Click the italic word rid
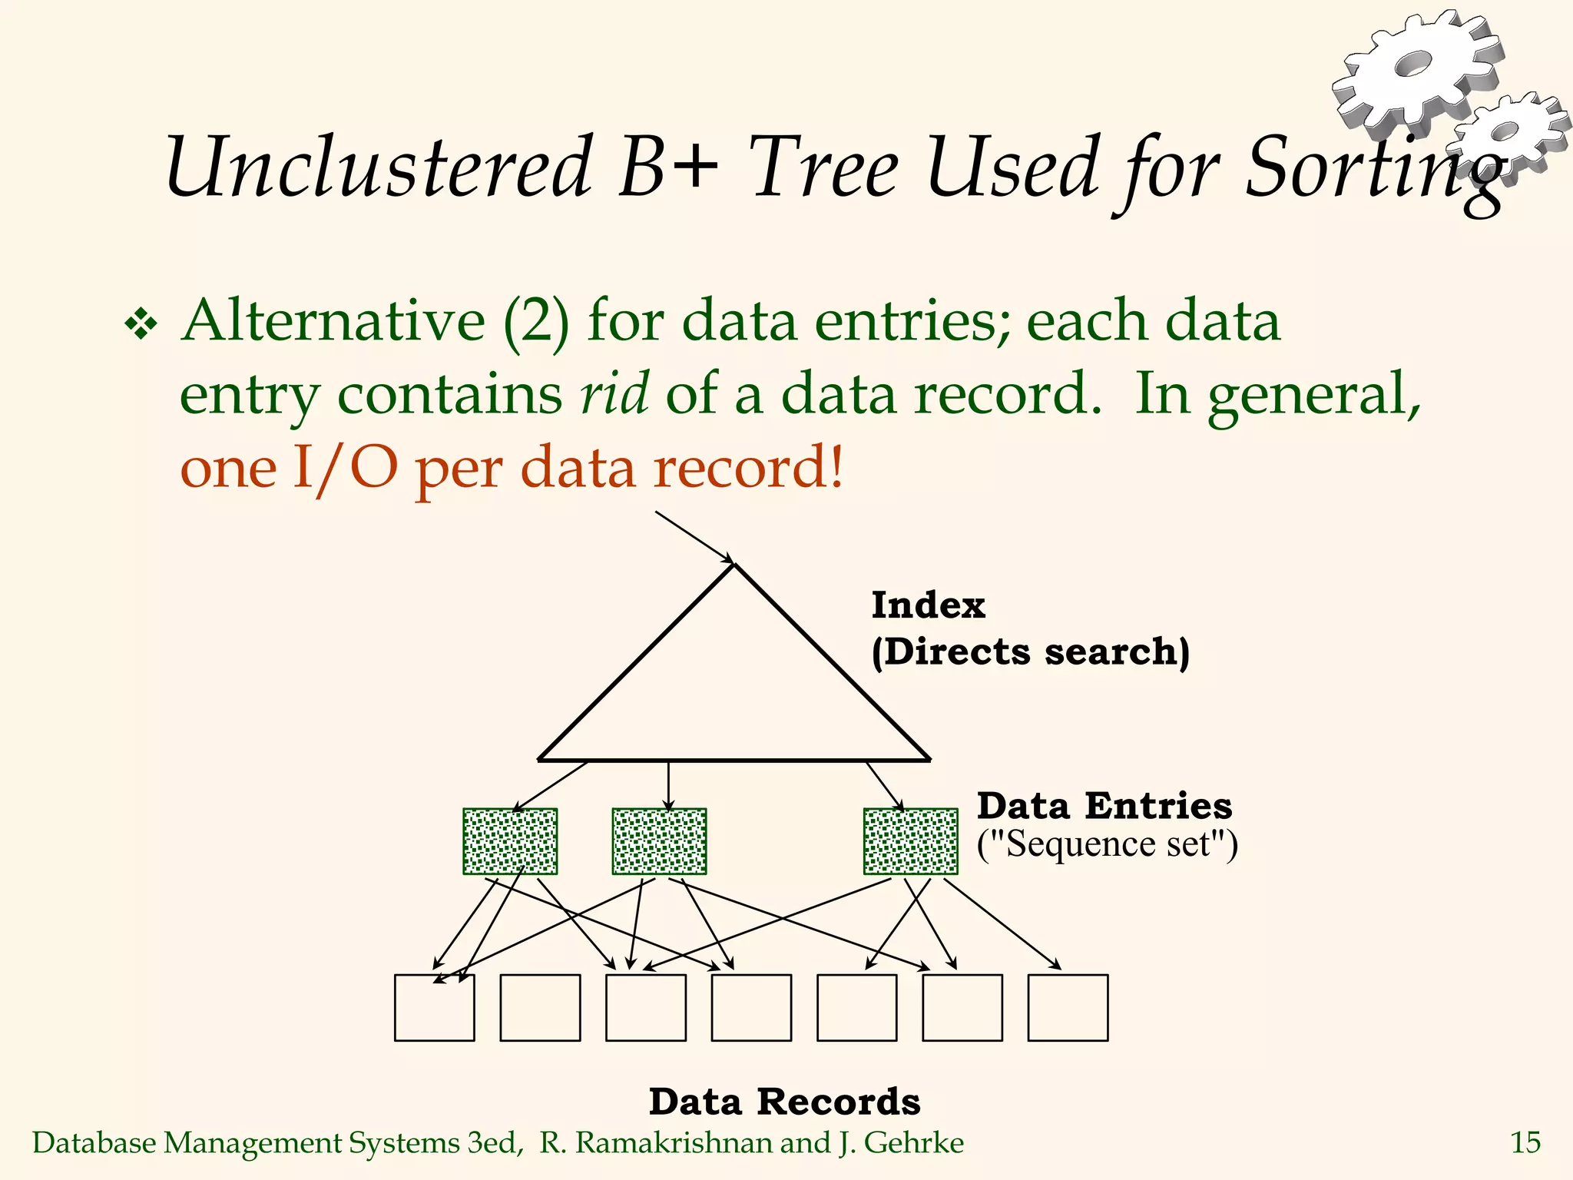pyautogui.click(x=614, y=393)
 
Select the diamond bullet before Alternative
pyautogui.click(x=141, y=324)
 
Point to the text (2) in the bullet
pyautogui.click(x=536, y=321)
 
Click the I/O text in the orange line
pyautogui.click(x=345, y=467)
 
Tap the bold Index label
pyautogui.click(x=928, y=605)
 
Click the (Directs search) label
pyautogui.click(x=1030, y=652)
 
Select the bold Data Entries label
pyautogui.click(x=1104, y=806)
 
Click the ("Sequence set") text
pyautogui.click(x=1107, y=844)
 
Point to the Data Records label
pyautogui.click(x=784, y=1102)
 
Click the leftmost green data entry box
pyautogui.click(x=510, y=841)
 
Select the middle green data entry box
pyautogui.click(x=659, y=841)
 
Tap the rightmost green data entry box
pyautogui.click(x=910, y=841)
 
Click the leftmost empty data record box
pyautogui.click(x=434, y=1008)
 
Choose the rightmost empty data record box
pyautogui.click(x=1068, y=1008)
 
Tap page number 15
pyautogui.click(x=1525, y=1142)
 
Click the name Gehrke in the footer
pyautogui.click(x=913, y=1142)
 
